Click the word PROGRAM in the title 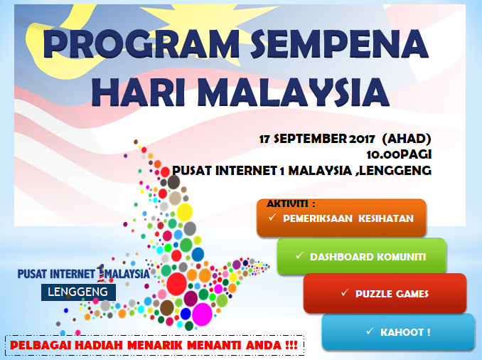click(141, 43)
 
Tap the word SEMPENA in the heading click(339, 43)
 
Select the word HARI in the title click(138, 92)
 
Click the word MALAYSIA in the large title click(295, 92)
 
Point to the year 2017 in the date click(362, 139)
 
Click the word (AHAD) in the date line click(407, 139)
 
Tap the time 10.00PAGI click(399, 154)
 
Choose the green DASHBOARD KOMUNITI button click(361, 256)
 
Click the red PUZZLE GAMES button click(385, 293)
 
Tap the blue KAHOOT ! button click(398, 332)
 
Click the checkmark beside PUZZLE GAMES click(345, 292)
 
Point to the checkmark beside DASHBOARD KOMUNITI click(299, 255)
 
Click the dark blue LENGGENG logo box click(78, 292)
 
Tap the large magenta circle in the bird click(202, 314)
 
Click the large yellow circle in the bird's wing click(184, 212)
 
